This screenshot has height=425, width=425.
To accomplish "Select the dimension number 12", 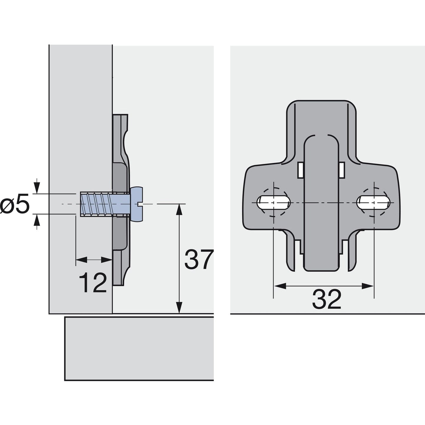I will tap(93, 283).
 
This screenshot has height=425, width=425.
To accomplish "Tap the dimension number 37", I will tap(198, 260).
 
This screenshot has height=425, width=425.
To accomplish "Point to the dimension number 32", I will tap(326, 299).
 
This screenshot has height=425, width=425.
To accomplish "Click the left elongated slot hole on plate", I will tap(274, 203).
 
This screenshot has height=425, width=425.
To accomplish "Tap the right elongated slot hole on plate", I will tap(374, 203).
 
